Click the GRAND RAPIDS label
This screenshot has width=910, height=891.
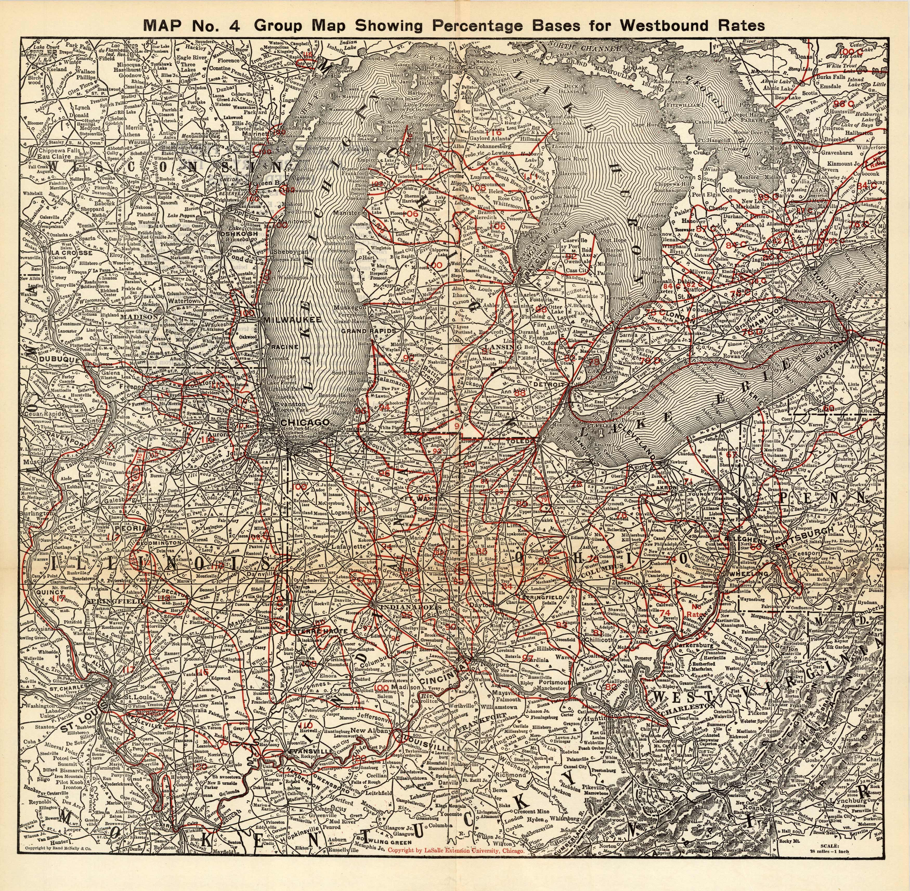click(369, 330)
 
